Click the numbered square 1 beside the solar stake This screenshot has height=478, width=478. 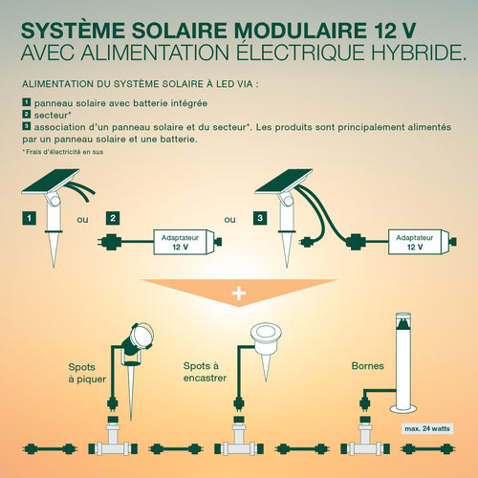click(29, 218)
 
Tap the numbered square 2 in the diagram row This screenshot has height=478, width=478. click(113, 218)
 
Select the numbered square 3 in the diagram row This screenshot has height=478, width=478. click(260, 218)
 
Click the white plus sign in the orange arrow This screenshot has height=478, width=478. click(239, 293)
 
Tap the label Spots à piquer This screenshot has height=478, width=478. click(87, 373)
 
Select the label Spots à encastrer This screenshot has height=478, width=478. click(205, 372)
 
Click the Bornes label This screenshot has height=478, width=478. click(367, 366)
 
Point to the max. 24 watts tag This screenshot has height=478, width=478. click(427, 428)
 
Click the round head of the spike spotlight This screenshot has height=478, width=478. click(141, 336)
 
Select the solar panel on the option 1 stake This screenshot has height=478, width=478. click(51, 181)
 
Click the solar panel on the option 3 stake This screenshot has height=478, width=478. click(283, 181)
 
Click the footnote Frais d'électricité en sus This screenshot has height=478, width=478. click(63, 152)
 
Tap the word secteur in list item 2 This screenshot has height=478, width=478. click(52, 115)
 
